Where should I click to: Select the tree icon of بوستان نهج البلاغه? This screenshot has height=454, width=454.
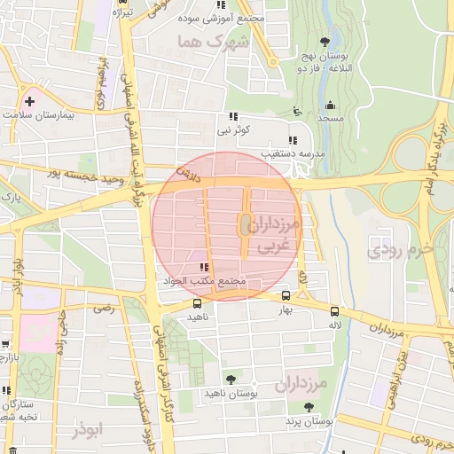(325, 42)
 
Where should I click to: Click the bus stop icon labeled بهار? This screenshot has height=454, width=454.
(286, 296)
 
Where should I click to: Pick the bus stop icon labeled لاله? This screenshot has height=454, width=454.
(334, 311)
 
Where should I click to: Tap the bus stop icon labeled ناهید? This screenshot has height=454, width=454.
(197, 303)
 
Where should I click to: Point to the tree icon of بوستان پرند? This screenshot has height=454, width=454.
(308, 407)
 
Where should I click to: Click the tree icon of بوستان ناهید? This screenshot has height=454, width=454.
(231, 380)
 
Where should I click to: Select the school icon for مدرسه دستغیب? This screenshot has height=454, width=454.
(293, 140)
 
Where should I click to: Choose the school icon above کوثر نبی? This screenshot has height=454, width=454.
(234, 116)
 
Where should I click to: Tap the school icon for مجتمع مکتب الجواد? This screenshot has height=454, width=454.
(205, 266)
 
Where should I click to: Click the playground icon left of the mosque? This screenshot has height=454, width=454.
(297, 112)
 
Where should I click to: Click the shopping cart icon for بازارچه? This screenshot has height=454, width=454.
(5, 344)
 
